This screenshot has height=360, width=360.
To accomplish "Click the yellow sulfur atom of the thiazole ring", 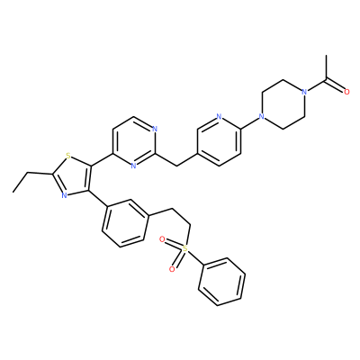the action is [x=68, y=156].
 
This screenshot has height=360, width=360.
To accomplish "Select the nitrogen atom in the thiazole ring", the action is [x=64, y=195].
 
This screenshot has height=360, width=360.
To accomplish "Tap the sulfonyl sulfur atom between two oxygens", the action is [x=185, y=248].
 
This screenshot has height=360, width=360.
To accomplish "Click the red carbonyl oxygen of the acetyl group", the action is [x=346, y=92].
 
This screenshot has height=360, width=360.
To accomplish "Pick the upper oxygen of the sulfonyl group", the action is [x=162, y=239].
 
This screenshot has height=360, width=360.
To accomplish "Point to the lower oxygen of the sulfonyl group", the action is [x=172, y=269].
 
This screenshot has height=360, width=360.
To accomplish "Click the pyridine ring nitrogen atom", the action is [x=219, y=117].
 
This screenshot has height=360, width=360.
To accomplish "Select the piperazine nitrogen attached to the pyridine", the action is [x=262, y=117].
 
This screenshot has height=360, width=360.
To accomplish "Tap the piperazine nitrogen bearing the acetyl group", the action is [x=305, y=92].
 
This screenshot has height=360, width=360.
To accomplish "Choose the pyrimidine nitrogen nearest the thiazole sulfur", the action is [x=134, y=166].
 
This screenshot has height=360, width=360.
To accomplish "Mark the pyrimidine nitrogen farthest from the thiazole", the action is [x=155, y=130].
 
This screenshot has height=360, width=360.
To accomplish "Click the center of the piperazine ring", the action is [x=283, y=104].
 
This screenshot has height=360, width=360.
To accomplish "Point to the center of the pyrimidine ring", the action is [x=134, y=141].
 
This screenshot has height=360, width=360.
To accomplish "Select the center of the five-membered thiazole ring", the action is [x=73, y=176].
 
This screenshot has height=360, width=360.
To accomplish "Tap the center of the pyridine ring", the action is [x=219, y=141].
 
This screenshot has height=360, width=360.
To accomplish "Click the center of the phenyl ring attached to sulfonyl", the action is [x=221, y=282].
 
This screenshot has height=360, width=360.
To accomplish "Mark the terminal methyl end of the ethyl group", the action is [x=13, y=192].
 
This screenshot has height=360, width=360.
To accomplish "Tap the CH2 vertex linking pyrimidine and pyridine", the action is [x=176, y=166].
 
